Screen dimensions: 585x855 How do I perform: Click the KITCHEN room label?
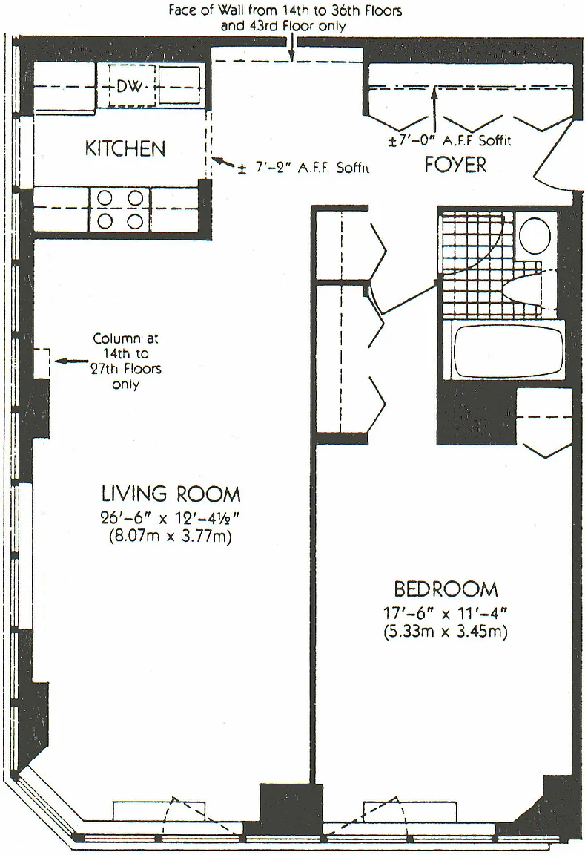[125, 148]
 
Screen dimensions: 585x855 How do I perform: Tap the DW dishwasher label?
[130, 85]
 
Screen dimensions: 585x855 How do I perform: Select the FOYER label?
[455, 164]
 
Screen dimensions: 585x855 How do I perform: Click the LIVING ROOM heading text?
[171, 494]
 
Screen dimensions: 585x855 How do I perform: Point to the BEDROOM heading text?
[446, 589]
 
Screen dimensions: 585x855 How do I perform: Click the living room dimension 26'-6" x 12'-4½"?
[171, 517]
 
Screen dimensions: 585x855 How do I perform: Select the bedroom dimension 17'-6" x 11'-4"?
[446, 613]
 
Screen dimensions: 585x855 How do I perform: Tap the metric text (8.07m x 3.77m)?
[171, 537]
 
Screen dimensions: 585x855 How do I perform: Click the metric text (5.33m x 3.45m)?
[446, 632]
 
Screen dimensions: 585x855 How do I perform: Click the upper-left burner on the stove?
[105, 197]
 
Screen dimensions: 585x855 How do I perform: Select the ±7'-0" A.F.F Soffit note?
[449, 141]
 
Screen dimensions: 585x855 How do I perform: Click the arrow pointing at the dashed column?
[71, 361]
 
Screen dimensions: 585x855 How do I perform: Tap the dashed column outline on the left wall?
[42, 363]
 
